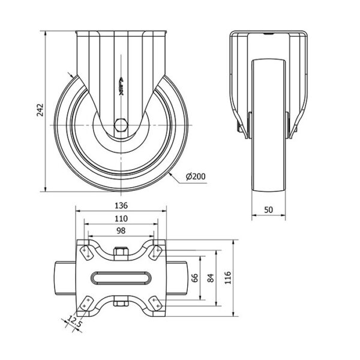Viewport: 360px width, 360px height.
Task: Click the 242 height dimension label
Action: click(x=40, y=110)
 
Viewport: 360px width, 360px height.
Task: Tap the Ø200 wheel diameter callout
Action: click(x=196, y=176)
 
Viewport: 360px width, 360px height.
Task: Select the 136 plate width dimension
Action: click(x=121, y=205)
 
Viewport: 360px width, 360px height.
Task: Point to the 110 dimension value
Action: click(x=121, y=218)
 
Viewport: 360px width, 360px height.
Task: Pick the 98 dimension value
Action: click(x=121, y=231)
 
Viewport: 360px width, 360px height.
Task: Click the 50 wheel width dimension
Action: click(x=269, y=210)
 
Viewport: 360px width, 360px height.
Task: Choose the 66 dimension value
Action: click(x=194, y=278)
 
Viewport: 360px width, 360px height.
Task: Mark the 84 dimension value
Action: click(x=211, y=278)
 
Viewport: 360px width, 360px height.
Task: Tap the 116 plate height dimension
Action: click(x=228, y=278)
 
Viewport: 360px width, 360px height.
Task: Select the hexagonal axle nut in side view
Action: click(x=121, y=125)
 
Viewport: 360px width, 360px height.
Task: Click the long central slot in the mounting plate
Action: click(x=121, y=278)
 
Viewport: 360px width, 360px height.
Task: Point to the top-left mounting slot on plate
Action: click(x=86, y=253)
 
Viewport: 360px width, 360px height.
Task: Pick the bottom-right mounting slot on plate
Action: click(x=155, y=303)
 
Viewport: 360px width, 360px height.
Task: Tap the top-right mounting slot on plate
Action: click(x=155, y=253)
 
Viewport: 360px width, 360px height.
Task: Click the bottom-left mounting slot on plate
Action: click(x=86, y=304)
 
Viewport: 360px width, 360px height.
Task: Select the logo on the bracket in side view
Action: click(x=121, y=86)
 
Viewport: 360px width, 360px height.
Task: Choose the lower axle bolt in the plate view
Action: click(x=121, y=303)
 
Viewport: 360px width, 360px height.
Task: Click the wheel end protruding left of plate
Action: click(x=65, y=278)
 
